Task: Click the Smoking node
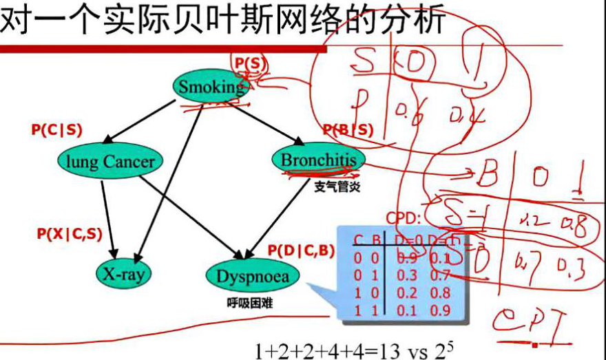[x=211, y=87]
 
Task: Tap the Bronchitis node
[x=318, y=160]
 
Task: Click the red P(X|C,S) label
[x=70, y=233]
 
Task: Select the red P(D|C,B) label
[x=300, y=250]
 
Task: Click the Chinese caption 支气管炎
[x=337, y=187]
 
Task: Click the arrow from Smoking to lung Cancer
[x=140, y=122]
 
